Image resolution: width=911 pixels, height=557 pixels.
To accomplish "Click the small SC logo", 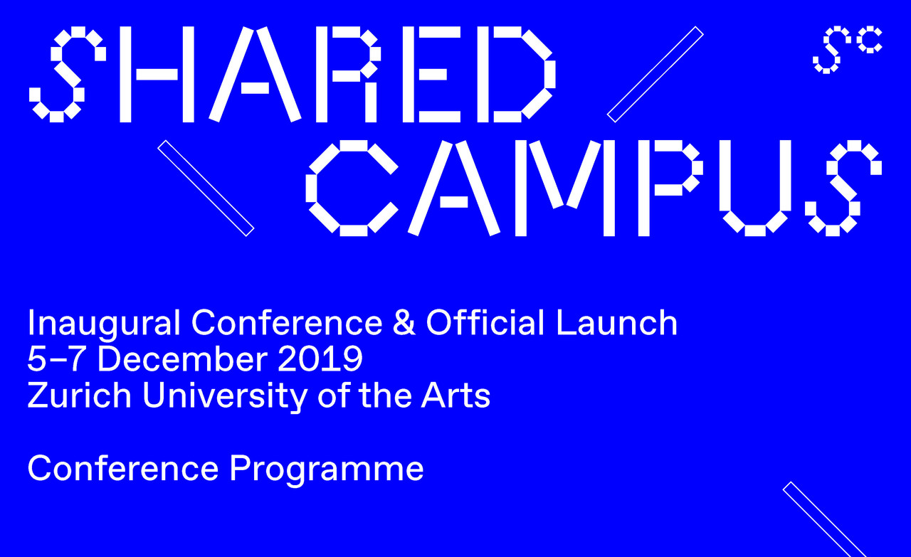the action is [847, 50].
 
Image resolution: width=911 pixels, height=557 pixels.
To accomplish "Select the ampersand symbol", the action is [404, 322].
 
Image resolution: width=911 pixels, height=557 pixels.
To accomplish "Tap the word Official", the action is [485, 322].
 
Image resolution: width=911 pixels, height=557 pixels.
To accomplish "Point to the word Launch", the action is [616, 322].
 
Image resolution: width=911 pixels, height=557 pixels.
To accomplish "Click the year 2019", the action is [320, 359].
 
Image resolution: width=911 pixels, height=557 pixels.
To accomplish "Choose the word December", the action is [183, 359].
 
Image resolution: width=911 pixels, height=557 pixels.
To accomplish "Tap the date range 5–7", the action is [56, 359].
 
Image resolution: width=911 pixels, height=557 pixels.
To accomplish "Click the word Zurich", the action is [79, 395].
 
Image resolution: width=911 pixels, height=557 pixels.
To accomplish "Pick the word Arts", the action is [455, 396].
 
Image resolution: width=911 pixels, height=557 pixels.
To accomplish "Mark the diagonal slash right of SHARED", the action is [655, 74].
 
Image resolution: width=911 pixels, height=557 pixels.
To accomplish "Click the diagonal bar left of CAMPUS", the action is [206, 188].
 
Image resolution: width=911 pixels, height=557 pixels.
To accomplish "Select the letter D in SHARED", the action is [517, 74].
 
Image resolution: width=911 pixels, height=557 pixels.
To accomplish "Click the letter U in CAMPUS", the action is [755, 188].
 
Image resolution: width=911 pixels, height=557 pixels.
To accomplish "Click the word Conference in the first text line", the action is [287, 322].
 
